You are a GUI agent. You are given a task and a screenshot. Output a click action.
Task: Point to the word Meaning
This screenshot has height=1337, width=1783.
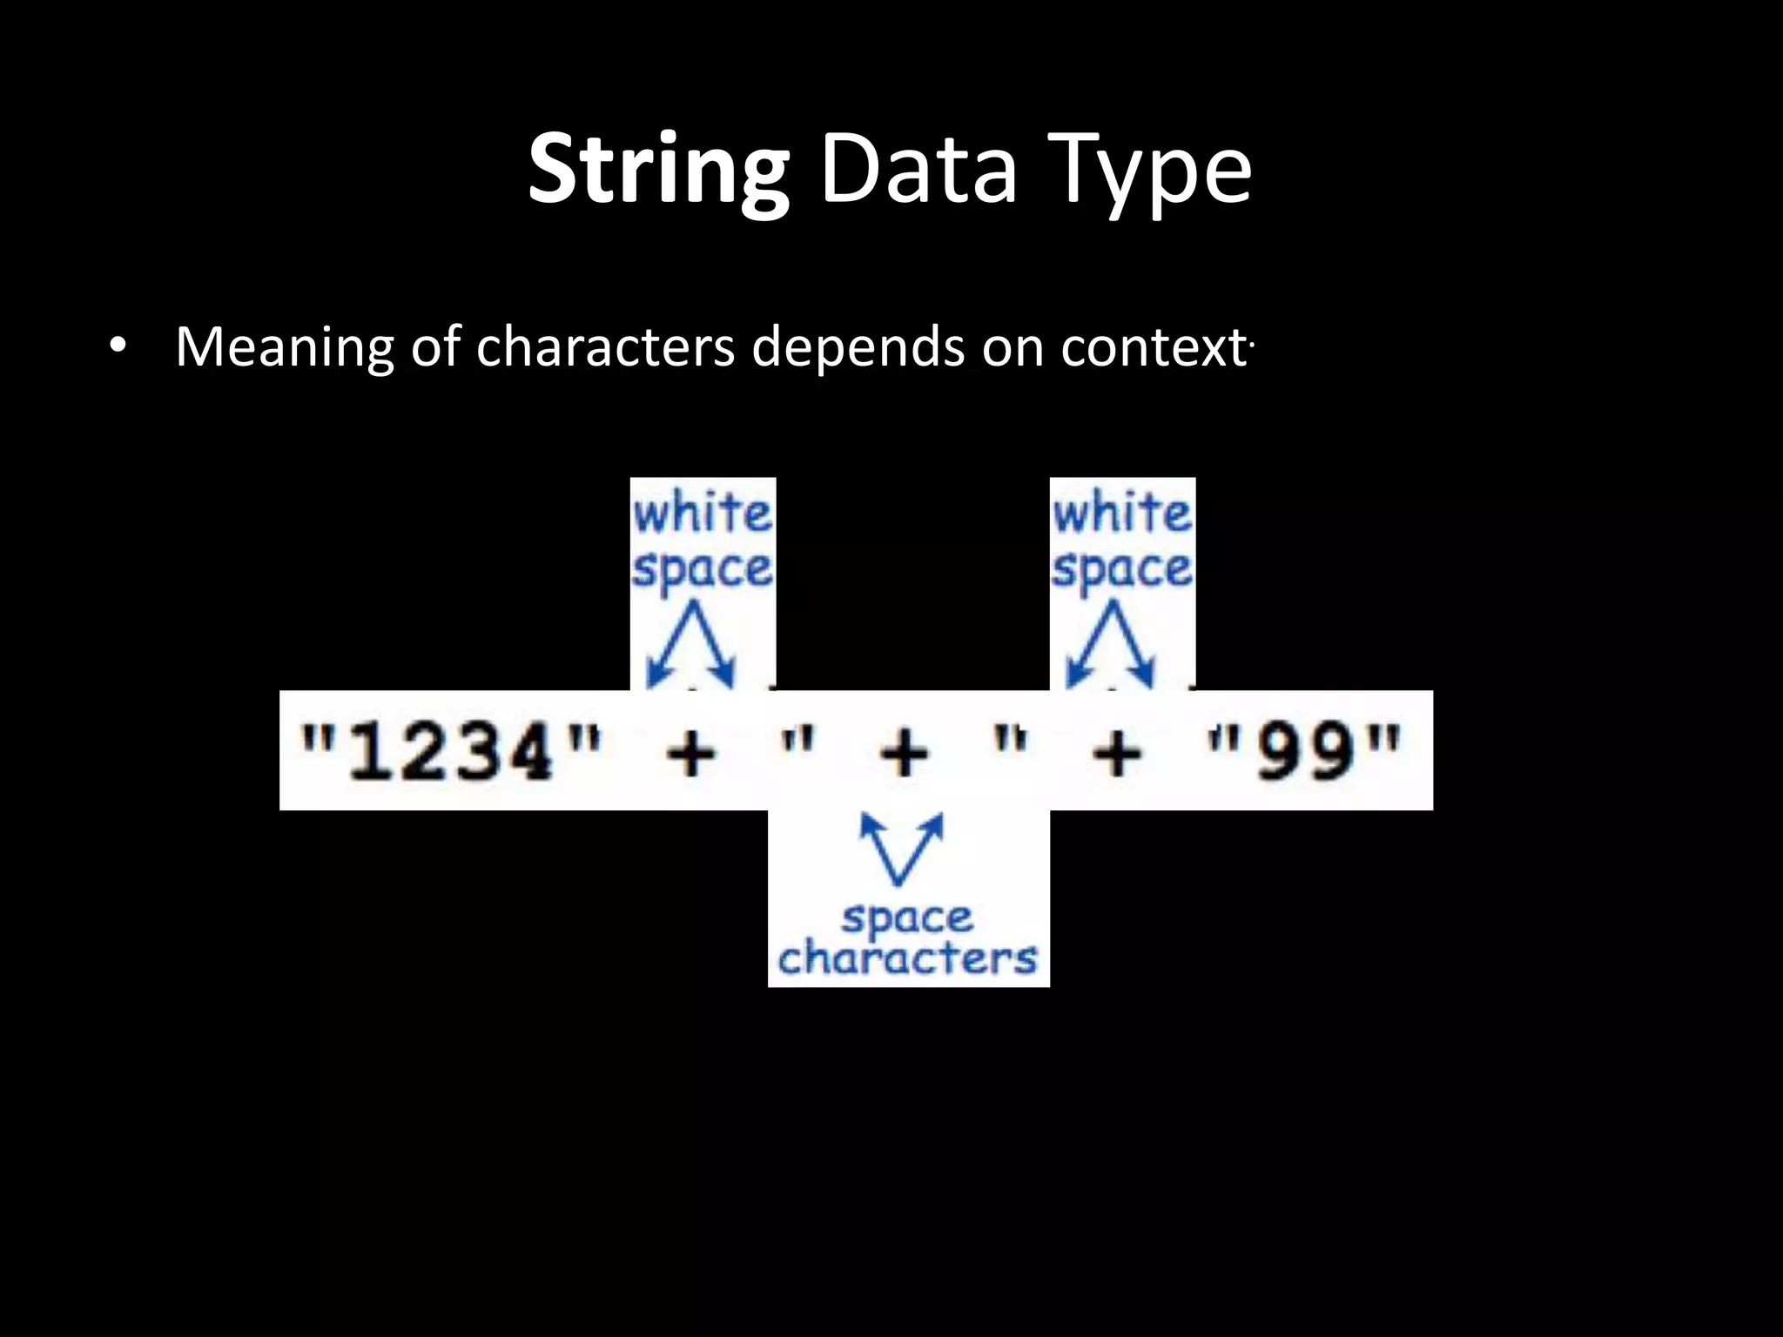point(284,347)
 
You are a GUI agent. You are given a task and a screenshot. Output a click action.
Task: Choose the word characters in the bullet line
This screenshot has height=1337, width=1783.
point(605,347)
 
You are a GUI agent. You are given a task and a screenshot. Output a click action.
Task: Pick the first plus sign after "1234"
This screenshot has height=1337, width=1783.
point(690,752)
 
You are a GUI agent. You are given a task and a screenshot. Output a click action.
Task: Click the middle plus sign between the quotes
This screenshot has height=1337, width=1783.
point(905,752)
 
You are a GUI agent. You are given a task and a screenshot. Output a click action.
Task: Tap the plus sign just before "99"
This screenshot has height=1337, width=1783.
point(1118,752)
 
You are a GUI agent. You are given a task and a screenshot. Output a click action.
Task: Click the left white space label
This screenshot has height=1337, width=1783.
point(703,541)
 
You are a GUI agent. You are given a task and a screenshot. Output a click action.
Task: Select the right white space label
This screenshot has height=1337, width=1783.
point(1122,541)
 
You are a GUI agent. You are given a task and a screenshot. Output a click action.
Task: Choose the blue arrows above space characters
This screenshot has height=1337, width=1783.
point(901,848)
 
